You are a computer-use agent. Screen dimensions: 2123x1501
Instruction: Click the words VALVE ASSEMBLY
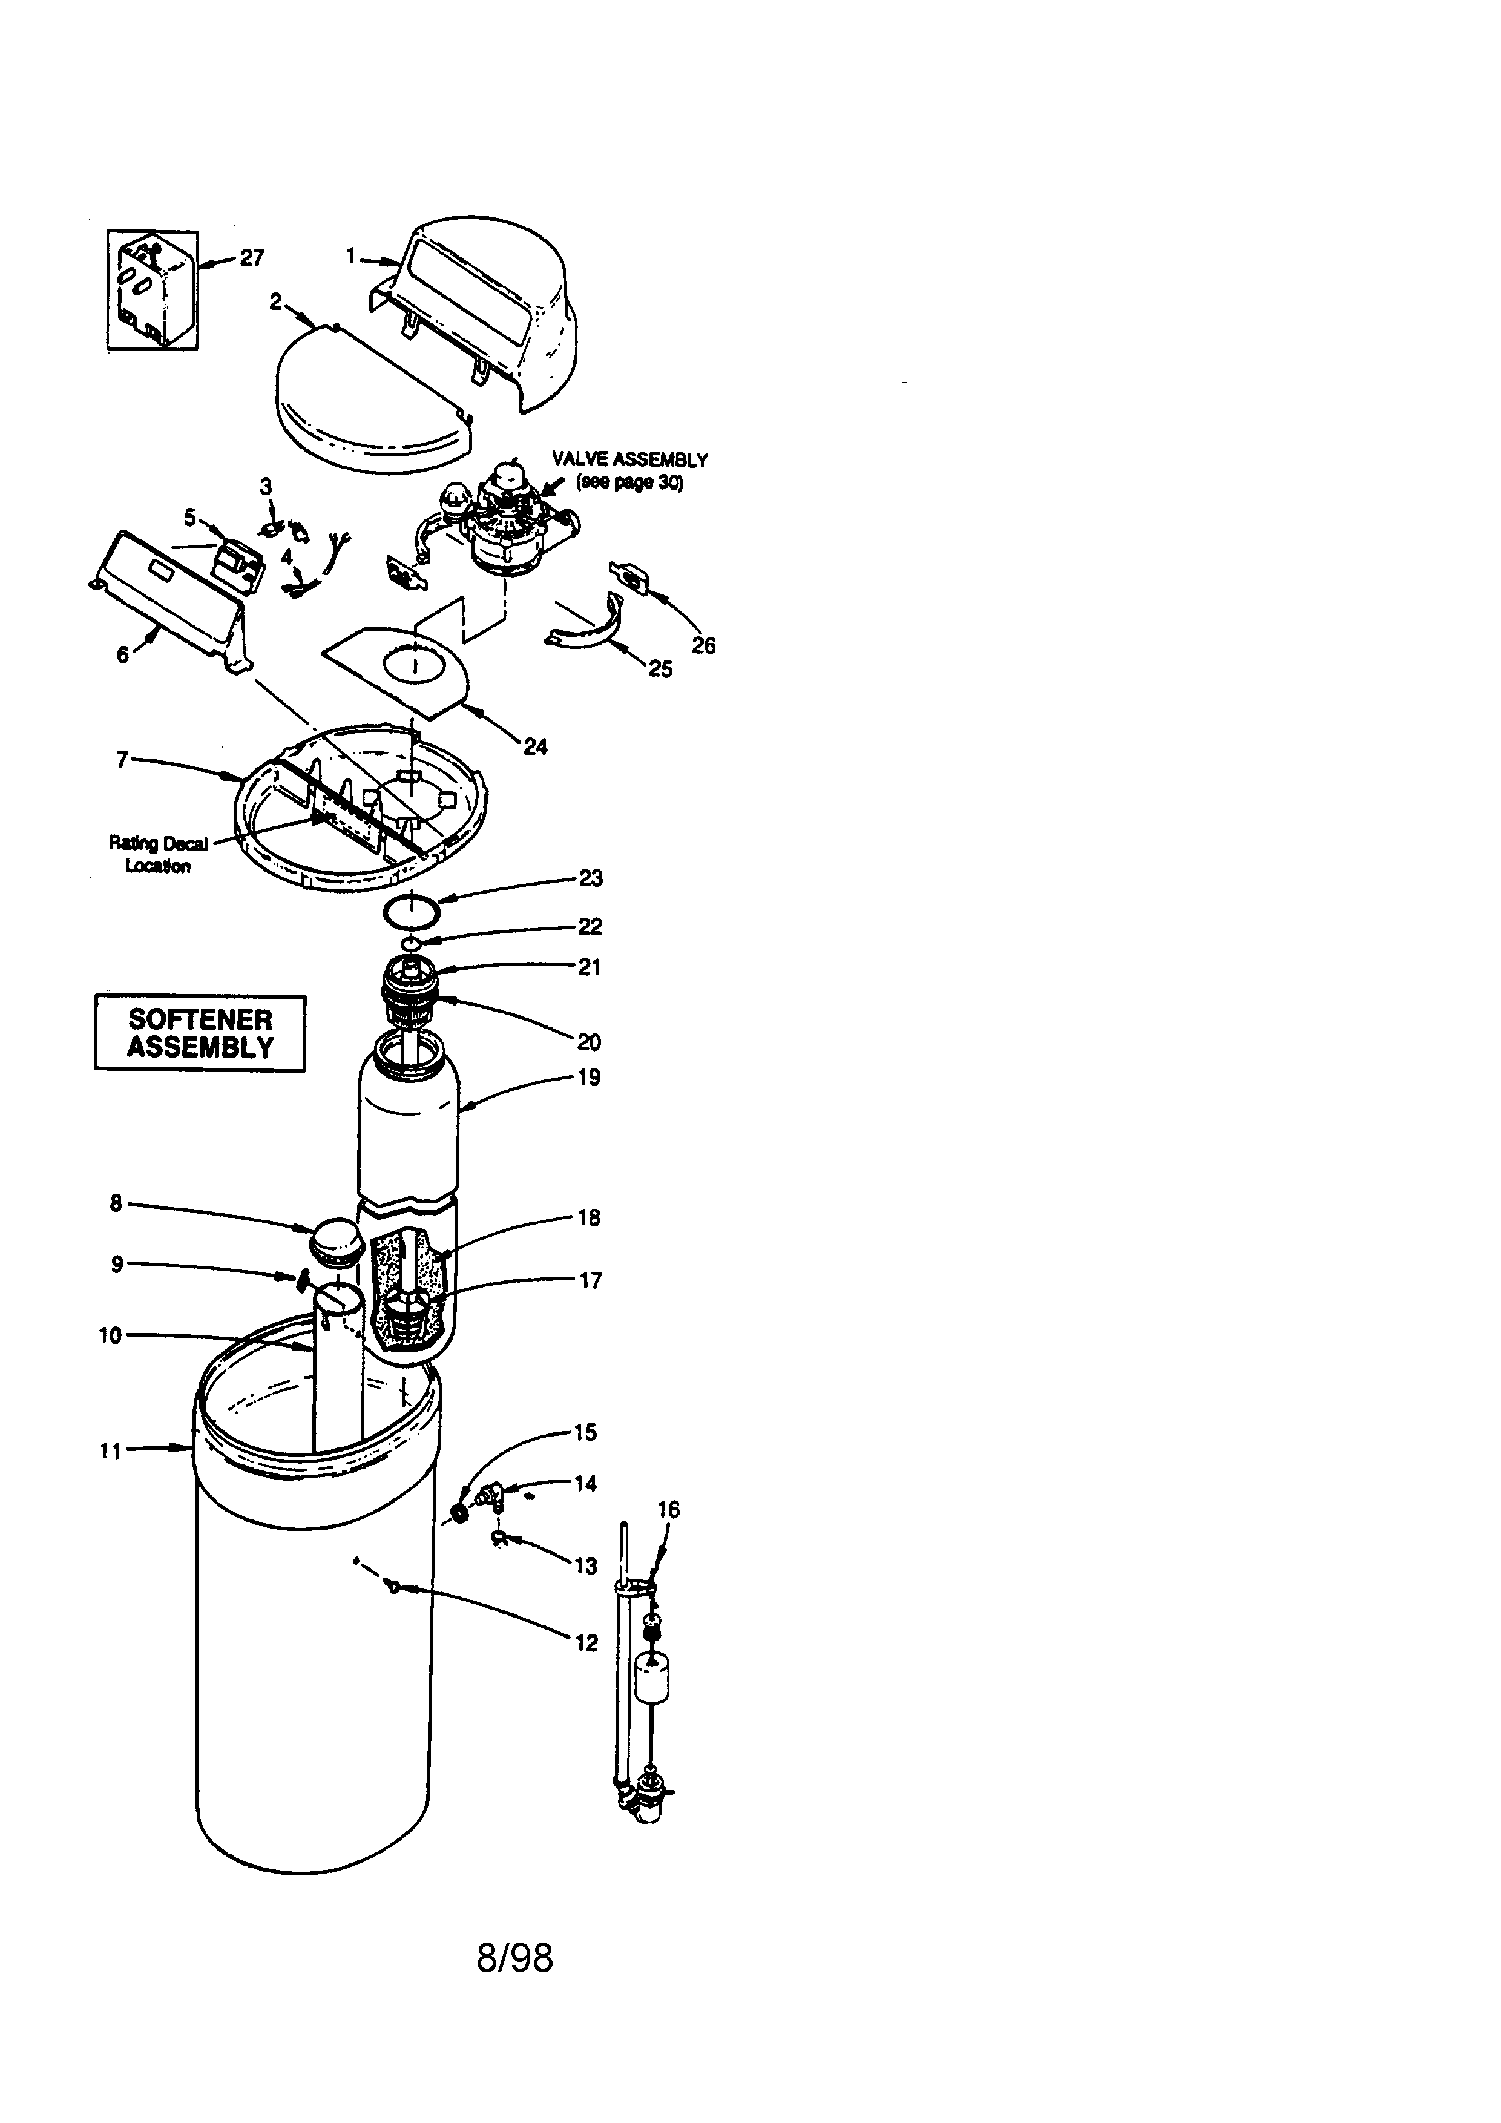click(629, 459)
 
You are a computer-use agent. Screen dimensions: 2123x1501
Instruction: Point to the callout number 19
click(589, 1077)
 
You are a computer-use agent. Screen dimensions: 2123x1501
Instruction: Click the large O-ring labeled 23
click(412, 910)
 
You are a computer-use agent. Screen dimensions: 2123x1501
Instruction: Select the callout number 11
click(111, 1452)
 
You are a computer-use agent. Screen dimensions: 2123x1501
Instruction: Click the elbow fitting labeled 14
click(490, 1492)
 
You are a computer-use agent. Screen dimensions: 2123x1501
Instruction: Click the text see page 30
click(629, 482)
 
